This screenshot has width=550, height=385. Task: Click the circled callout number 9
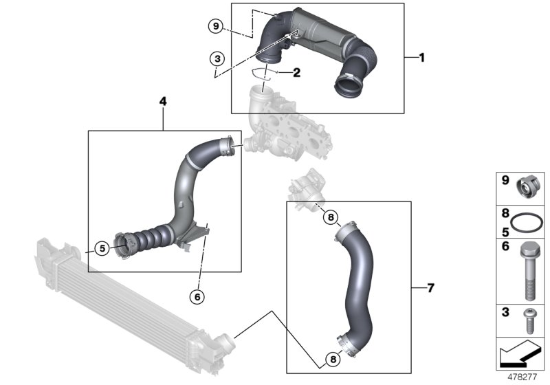(216, 26)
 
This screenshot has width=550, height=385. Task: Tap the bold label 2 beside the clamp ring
(296, 71)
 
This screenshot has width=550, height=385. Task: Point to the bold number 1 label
(421, 58)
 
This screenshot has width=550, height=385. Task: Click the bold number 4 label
(163, 102)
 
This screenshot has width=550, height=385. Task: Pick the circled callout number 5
(102, 248)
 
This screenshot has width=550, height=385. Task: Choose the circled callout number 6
(198, 296)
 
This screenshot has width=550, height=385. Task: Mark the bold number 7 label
(430, 288)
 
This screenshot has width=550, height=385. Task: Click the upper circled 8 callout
(331, 218)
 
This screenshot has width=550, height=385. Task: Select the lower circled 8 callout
(331, 359)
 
